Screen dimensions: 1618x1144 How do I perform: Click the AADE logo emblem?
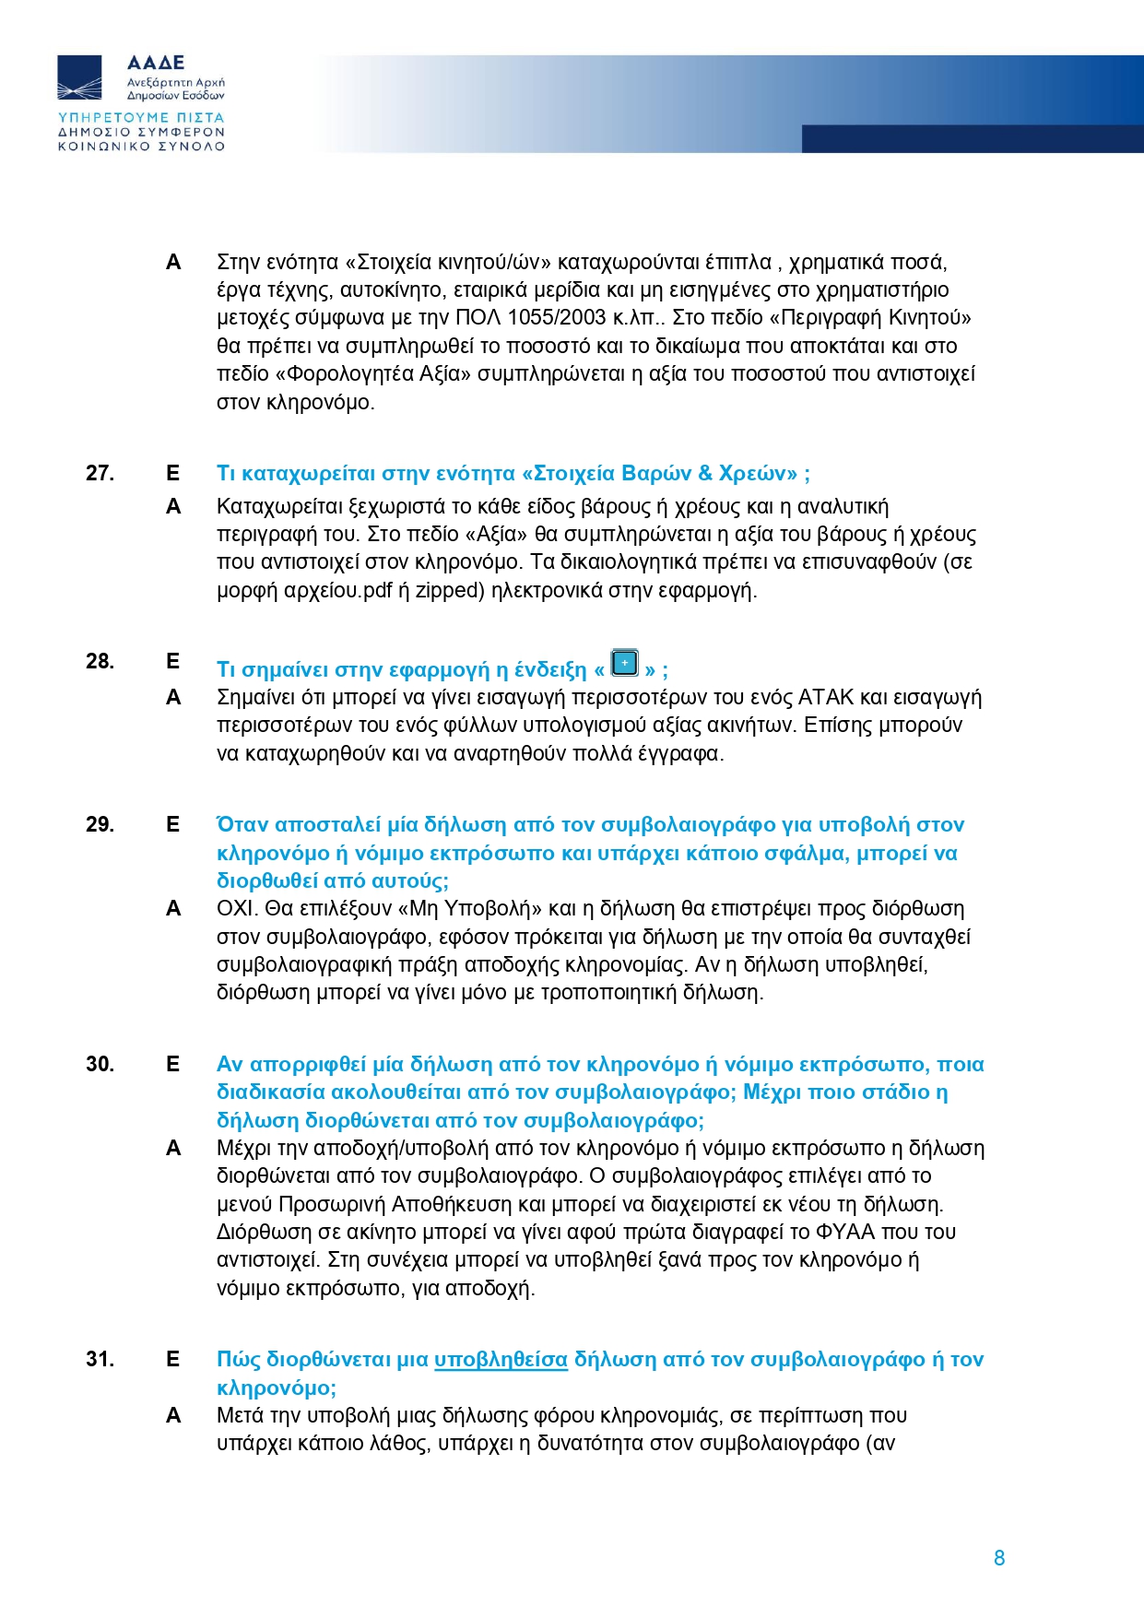(80, 77)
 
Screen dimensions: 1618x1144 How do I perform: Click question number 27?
(100, 473)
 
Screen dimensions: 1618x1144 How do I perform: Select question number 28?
(100, 661)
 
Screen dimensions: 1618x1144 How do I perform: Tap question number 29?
(100, 824)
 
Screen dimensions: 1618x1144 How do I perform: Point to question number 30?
(100, 1064)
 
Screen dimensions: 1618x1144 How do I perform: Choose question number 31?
(100, 1359)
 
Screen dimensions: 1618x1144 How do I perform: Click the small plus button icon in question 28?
(625, 663)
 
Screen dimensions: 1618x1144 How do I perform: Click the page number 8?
(999, 1558)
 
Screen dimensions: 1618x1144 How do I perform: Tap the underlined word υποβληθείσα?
(501, 1360)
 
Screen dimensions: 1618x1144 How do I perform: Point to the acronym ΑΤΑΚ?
(830, 698)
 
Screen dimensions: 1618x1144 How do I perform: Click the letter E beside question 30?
(172, 1064)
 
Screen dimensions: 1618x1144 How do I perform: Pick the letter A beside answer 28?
(173, 698)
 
